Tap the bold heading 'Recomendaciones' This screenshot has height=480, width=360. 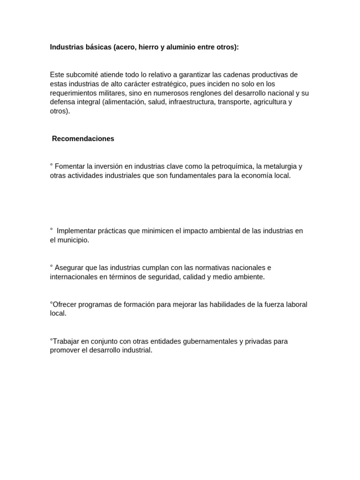[83, 139]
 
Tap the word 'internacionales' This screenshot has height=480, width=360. [73, 277]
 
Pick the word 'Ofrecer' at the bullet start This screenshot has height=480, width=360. [65, 304]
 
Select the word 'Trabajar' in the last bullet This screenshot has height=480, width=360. [65, 341]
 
